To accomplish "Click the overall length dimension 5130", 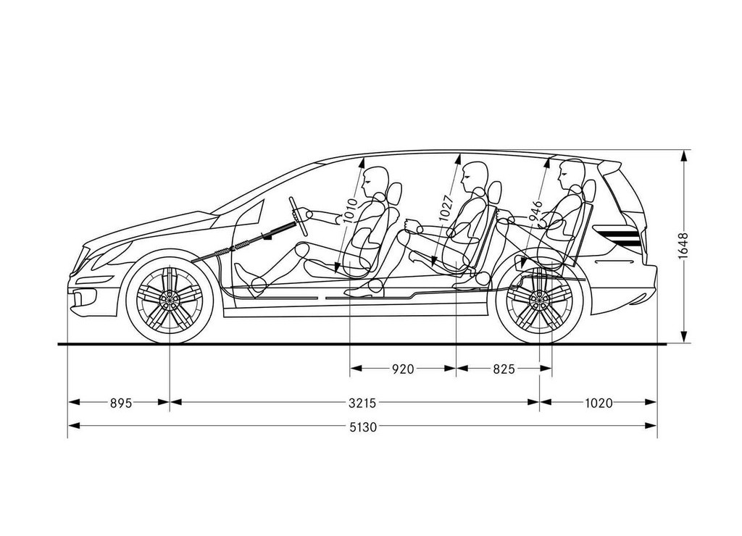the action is [363, 427].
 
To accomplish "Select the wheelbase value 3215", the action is [362, 403].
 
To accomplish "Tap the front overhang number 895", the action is [121, 403].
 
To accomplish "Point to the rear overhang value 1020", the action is [599, 403].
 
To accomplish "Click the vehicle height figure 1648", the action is [683, 246].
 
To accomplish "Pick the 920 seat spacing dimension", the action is [403, 369].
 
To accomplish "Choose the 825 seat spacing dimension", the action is [504, 369].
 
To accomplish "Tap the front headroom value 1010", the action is [350, 211].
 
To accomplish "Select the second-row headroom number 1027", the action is [446, 207].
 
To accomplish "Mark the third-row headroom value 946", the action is [535, 211].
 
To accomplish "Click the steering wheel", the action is [299, 216].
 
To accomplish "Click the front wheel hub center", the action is [169, 299].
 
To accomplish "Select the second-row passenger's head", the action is [475, 176].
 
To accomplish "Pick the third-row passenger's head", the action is [571, 174].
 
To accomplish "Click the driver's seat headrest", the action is [394, 194].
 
